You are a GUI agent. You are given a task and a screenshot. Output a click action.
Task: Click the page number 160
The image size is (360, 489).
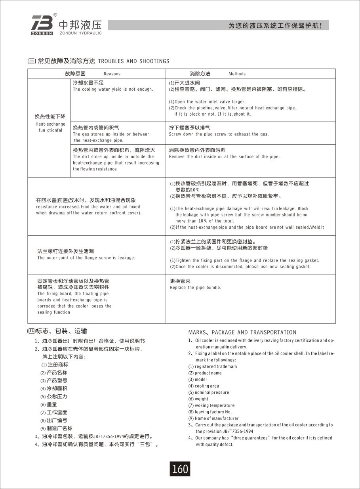(180, 469)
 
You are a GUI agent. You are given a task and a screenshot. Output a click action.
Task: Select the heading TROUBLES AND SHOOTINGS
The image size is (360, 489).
(133, 61)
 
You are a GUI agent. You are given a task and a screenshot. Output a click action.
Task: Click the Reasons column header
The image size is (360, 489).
(112, 74)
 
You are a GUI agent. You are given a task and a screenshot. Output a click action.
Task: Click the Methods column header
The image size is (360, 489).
(237, 74)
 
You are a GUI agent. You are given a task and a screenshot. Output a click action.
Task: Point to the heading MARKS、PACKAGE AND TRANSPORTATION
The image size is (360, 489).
(242, 332)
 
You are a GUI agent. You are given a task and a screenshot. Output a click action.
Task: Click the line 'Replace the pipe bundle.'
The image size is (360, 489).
(195, 288)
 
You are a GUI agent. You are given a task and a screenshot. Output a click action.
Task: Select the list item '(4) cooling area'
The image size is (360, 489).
(204, 386)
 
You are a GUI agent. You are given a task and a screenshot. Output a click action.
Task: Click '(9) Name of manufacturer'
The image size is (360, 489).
(213, 418)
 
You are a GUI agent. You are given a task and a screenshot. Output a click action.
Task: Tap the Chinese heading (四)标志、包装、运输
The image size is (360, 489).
(57, 331)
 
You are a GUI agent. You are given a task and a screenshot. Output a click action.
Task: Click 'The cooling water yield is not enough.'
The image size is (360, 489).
(113, 90)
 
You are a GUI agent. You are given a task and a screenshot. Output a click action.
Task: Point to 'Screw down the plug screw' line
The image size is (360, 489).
(219, 134)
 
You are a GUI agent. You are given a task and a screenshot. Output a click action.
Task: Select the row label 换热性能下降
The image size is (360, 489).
(50, 117)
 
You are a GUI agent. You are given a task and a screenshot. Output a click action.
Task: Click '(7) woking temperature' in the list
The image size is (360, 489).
(211, 405)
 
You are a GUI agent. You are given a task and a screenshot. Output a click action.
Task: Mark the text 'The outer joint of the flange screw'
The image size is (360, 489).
(86, 258)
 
